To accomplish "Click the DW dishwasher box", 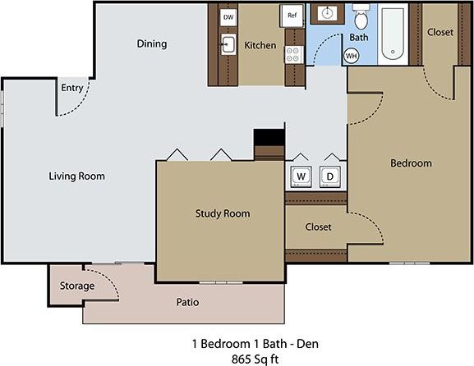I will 228,16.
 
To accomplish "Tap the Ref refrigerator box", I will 292,15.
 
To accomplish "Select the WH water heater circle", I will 351,56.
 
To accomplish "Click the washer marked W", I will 300,176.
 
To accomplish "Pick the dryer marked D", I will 330,176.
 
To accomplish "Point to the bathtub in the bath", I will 394,33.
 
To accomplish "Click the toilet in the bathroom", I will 360,18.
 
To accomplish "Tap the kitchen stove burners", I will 292,55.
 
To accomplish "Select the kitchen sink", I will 228,45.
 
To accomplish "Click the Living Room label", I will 76,176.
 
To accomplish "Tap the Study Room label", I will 222,214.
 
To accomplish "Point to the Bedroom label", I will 410,163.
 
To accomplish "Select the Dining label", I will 151,44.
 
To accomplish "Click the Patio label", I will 187,302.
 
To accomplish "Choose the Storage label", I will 77,286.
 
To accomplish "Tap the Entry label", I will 71,88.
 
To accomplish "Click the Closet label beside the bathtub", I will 440,32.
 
